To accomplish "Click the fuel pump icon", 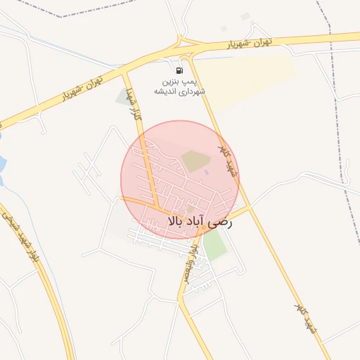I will (179, 70).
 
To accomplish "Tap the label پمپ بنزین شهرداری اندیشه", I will (181, 86).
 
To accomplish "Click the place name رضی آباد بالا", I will (200, 221).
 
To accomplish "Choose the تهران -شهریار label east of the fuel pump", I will (250, 44).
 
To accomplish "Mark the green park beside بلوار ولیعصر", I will (215, 244).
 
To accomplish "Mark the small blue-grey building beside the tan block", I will (207, 172).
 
